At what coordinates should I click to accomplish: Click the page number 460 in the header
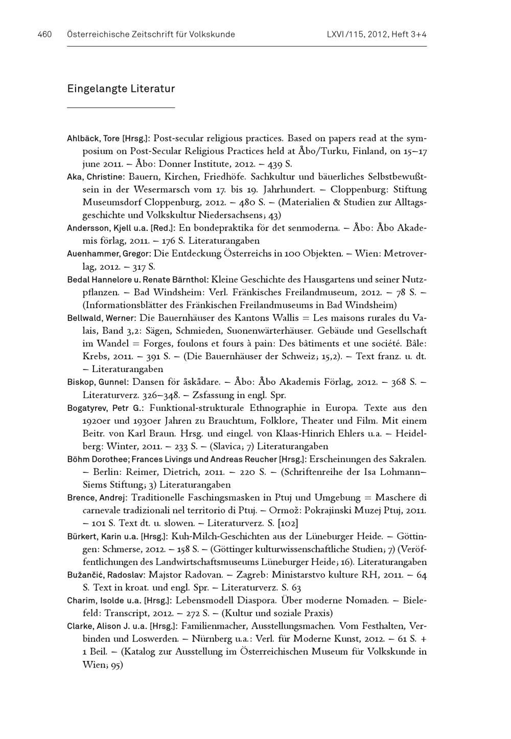(45, 35)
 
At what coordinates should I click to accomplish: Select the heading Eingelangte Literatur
(121, 89)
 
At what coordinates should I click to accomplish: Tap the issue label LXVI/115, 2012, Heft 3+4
(376, 35)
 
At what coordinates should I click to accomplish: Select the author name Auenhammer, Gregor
(108, 254)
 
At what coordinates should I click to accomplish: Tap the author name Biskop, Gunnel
(97, 382)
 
